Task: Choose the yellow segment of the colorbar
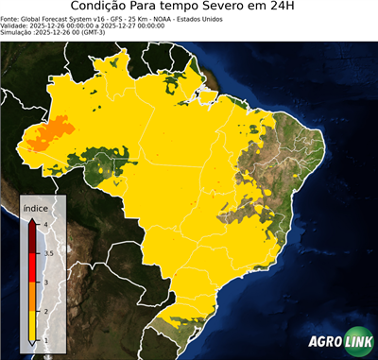tap(32, 326)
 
